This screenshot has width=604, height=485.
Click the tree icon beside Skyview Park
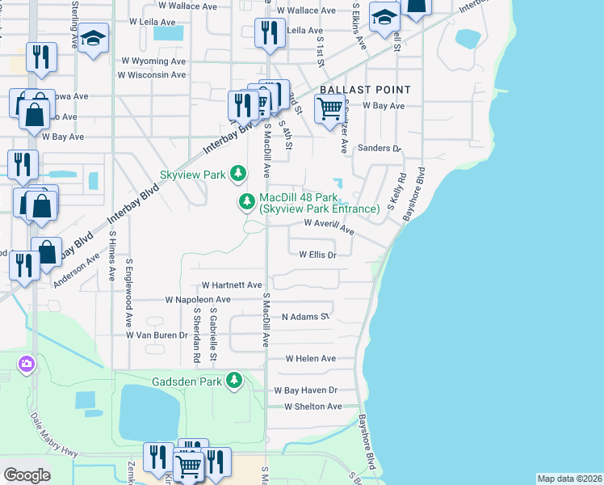pos(238,173)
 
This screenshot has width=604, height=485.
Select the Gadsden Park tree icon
pos(234,379)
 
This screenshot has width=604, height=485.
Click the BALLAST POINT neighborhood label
pos(365,90)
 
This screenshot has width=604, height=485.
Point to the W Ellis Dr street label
pos(317,254)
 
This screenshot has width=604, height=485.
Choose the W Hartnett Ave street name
pos(232,285)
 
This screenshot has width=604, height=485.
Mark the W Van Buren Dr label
pos(157,334)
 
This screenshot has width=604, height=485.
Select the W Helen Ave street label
pos(310,358)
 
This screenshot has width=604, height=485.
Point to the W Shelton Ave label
pos(307,407)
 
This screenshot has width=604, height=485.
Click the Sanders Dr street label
pos(379,149)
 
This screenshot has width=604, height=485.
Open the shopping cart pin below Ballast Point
pos(329,107)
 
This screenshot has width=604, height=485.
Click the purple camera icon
pos(27,365)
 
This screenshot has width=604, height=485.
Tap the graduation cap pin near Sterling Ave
pos(94,39)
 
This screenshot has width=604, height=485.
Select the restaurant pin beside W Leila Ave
pos(267,32)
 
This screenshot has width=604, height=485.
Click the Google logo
pos(27,475)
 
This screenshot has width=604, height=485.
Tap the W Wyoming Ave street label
pos(153,61)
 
